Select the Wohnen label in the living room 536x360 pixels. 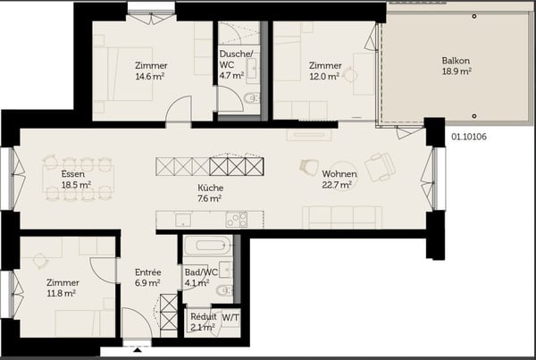point(339,173)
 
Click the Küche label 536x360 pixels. point(210,188)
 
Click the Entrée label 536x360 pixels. point(147,272)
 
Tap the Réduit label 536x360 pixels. point(202,317)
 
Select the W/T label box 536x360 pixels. point(230,317)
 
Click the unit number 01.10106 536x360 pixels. point(470,137)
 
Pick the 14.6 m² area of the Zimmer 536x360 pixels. point(151,77)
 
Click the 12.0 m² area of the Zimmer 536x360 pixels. point(324,77)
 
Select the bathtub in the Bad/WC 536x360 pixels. point(207,246)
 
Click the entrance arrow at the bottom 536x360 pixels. point(137,351)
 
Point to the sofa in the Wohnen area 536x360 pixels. point(342,217)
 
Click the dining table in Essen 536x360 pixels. point(78,179)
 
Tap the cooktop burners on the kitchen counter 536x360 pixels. point(237,219)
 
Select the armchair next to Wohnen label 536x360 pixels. point(381,165)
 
